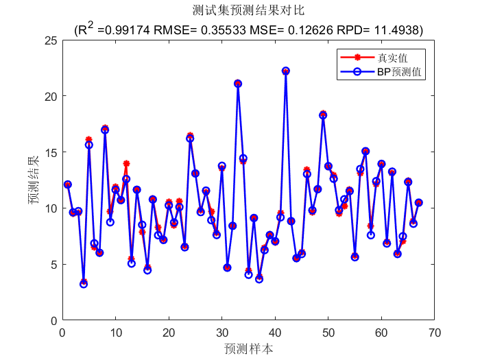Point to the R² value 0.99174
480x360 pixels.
coord(126,30)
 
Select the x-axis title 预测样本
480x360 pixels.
coord(248,348)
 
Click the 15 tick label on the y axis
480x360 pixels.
coord(49,152)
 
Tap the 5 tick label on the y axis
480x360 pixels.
coord(53,264)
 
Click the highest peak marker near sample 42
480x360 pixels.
coord(286,71)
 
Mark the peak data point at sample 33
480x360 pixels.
coord(238,84)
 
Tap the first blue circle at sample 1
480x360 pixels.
coord(67,184)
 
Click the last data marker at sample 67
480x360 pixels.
coord(419,202)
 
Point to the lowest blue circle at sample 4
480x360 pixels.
coord(84,284)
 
